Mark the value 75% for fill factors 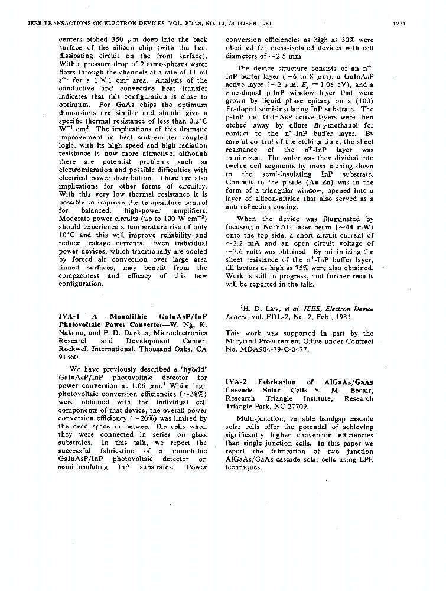(289, 268)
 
